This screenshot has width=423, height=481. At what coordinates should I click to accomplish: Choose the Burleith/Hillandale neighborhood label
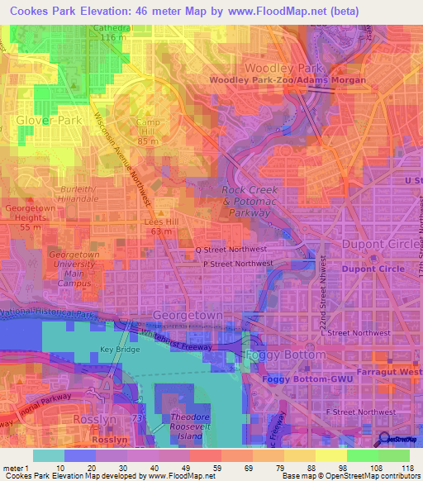tap(78, 193)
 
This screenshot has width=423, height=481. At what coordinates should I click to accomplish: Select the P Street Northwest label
tap(238, 264)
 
